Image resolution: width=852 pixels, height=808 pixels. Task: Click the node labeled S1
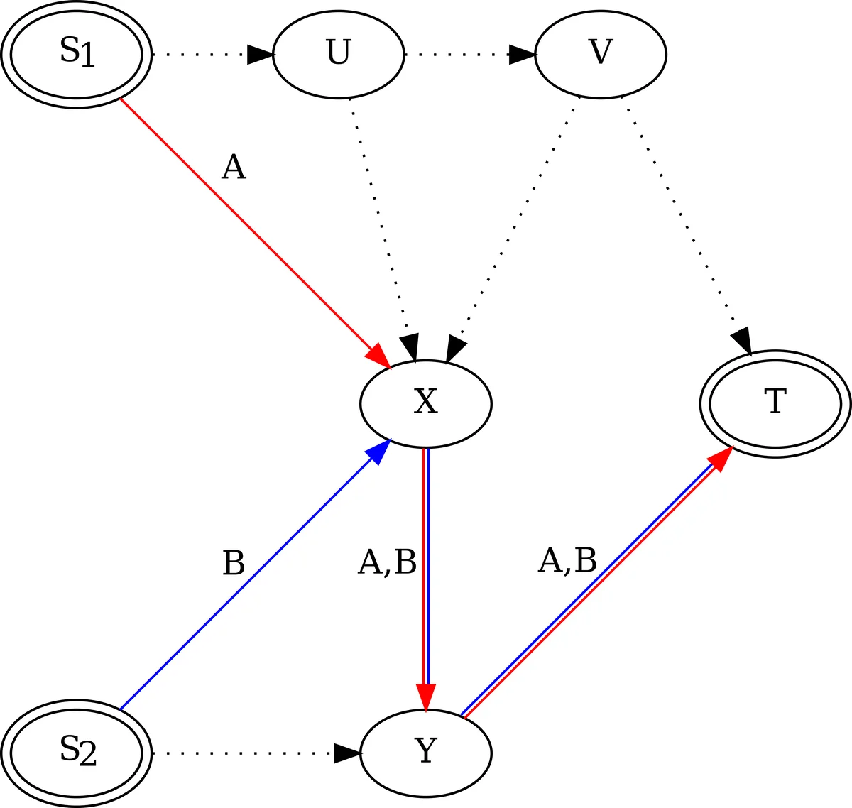[x=76, y=54]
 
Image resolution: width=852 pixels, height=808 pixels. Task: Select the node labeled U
[x=338, y=54]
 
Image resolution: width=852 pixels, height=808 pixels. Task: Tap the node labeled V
[x=600, y=54]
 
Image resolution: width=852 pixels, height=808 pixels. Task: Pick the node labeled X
[x=425, y=403]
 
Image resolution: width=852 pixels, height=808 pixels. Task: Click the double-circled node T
[x=775, y=403]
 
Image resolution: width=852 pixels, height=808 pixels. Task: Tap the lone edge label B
[x=233, y=564]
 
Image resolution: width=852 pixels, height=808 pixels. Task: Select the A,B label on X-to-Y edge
[x=387, y=563]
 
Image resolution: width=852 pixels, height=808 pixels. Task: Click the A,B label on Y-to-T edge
[x=567, y=561]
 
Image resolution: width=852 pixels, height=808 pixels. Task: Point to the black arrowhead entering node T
[x=742, y=341]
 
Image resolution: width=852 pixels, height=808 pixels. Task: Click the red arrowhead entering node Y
[x=425, y=696]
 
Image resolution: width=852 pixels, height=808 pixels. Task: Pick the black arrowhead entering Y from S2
[x=347, y=753]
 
